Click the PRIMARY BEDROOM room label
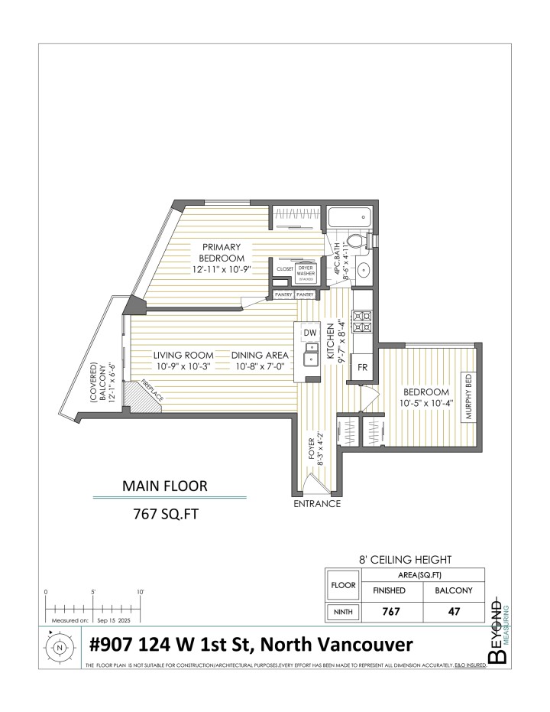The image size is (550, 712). pos(222,257)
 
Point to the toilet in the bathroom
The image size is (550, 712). pos(356,242)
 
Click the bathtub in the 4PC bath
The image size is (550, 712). pos(348,219)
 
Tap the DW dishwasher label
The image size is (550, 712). pos(309,333)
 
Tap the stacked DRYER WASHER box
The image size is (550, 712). pos(306,271)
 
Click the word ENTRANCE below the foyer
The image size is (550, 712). pos(317,504)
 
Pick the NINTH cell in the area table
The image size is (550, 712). pos(342,612)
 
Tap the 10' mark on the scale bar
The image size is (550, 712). pos(141,592)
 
